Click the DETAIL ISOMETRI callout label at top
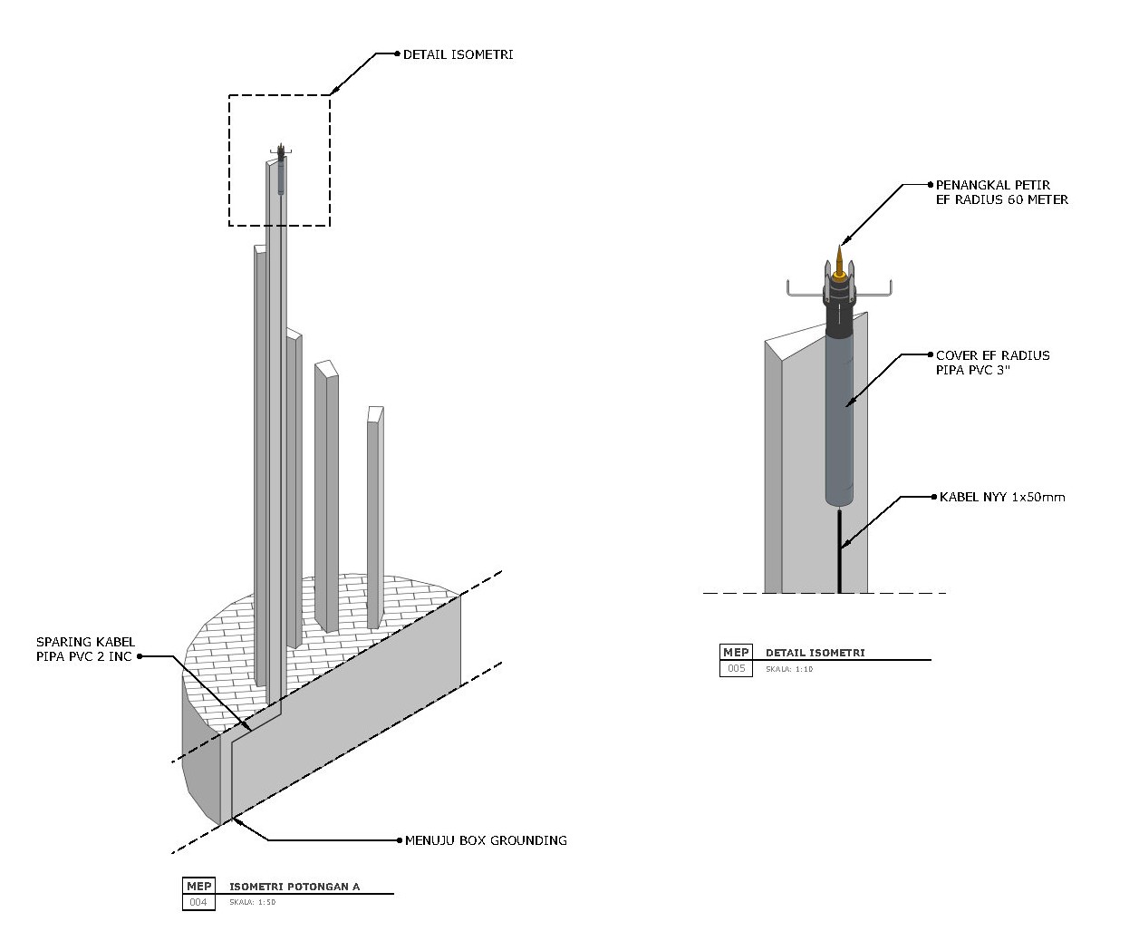[x=458, y=54]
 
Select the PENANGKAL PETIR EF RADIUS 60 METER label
[x=1001, y=192]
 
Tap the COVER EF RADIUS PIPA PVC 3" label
[x=992, y=362]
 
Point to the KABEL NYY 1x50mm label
[x=1001, y=497]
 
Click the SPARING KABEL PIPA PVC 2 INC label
[x=85, y=649]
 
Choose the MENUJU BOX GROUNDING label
[x=485, y=840]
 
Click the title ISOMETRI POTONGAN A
[x=294, y=887]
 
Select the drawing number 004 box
[x=198, y=902]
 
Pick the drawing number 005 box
[x=736, y=668]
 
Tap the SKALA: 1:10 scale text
[x=789, y=669]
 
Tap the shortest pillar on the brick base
[x=373, y=517]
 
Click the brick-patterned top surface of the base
[x=408, y=598]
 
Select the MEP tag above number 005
[x=736, y=653]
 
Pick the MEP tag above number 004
[x=198, y=886]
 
